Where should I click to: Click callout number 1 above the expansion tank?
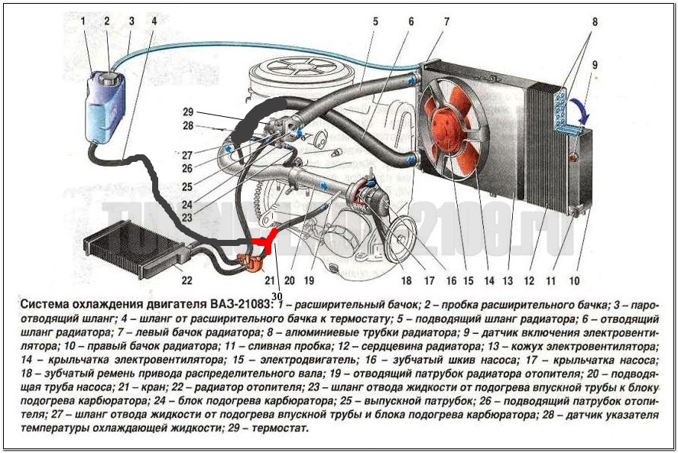(x=86, y=21)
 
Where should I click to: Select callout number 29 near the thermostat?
(x=189, y=112)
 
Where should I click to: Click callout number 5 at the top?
(x=375, y=21)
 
